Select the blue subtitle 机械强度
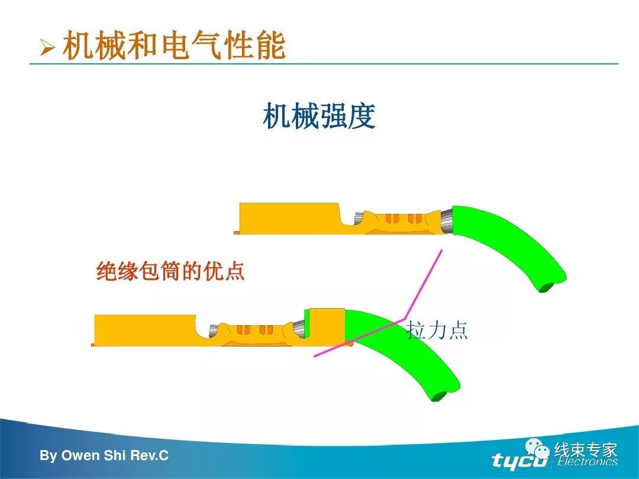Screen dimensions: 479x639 tap(319, 116)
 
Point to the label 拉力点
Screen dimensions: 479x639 tap(437, 330)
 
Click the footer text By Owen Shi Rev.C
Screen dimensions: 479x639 tap(104, 456)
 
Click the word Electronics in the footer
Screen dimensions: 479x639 tap(587, 462)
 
